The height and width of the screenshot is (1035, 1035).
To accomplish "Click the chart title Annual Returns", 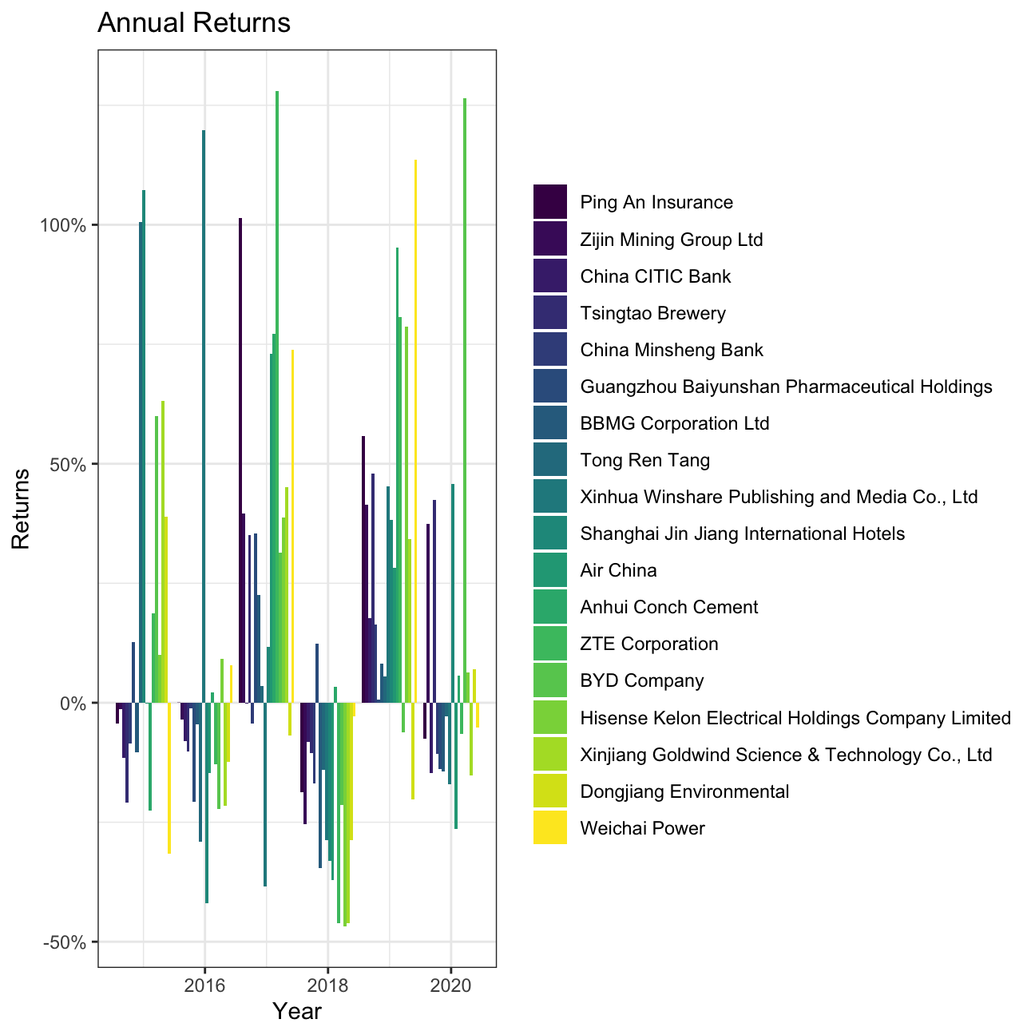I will (193, 23).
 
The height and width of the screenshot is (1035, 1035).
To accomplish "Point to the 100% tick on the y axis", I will (63, 225).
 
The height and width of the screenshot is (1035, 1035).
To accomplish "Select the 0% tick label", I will (73, 703).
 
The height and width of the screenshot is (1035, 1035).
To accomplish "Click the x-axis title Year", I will (296, 1012).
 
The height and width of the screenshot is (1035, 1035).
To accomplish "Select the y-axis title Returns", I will (21, 508).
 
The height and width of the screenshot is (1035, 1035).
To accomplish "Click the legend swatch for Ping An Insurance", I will (550, 202).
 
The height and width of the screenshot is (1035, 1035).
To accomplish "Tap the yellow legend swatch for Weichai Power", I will (550, 828).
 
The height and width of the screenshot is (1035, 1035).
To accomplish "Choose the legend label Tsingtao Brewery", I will (652, 313).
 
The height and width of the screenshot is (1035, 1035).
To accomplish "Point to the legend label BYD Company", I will (642, 681).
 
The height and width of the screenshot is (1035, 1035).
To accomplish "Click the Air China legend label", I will (618, 570).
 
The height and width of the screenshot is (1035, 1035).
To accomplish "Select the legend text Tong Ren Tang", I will (644, 460).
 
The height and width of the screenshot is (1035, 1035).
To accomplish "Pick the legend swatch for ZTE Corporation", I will (550, 644).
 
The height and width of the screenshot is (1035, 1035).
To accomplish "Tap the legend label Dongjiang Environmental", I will (684, 791).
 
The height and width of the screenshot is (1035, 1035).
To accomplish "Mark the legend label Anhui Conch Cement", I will (669, 607).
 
